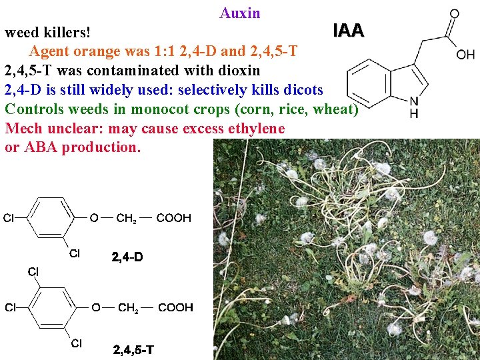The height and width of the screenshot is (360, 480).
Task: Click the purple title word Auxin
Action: (240, 13)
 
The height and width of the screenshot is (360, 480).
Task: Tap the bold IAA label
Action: (348, 31)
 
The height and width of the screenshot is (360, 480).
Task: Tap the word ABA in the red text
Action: (42, 147)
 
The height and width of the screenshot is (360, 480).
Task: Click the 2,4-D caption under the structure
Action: (127, 257)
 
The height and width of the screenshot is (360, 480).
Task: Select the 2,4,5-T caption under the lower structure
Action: (133, 349)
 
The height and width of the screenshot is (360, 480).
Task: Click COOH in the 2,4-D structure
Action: (174, 217)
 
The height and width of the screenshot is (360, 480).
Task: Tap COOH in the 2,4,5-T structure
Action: (175, 307)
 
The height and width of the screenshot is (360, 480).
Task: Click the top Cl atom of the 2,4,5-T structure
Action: (33, 271)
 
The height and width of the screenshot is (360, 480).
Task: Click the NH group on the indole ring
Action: (414, 108)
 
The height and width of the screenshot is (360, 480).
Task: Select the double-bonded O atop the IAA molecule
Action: (454, 13)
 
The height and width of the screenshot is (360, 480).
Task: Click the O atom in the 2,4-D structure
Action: (94, 217)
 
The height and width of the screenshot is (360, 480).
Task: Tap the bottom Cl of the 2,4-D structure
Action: (75, 253)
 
